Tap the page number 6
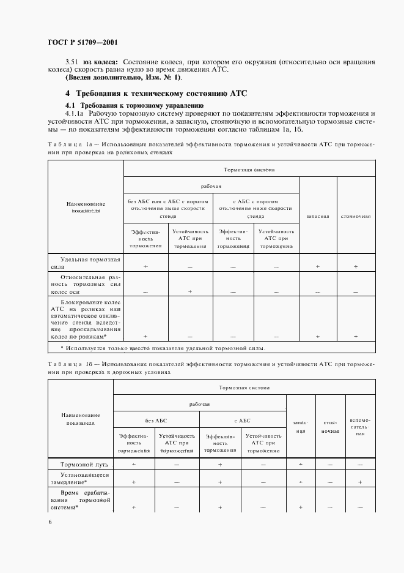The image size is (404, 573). pos(50,521)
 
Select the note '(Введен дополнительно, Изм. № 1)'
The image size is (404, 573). pos(123,77)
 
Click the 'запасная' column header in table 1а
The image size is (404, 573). pos(317,216)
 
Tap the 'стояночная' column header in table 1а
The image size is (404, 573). pos(355,216)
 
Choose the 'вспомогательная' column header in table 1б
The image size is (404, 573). pos(360,426)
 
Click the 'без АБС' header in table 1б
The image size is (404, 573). pos(155,421)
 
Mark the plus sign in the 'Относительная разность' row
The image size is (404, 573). pos(190,292)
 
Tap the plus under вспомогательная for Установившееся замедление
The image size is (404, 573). pos(360,482)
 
